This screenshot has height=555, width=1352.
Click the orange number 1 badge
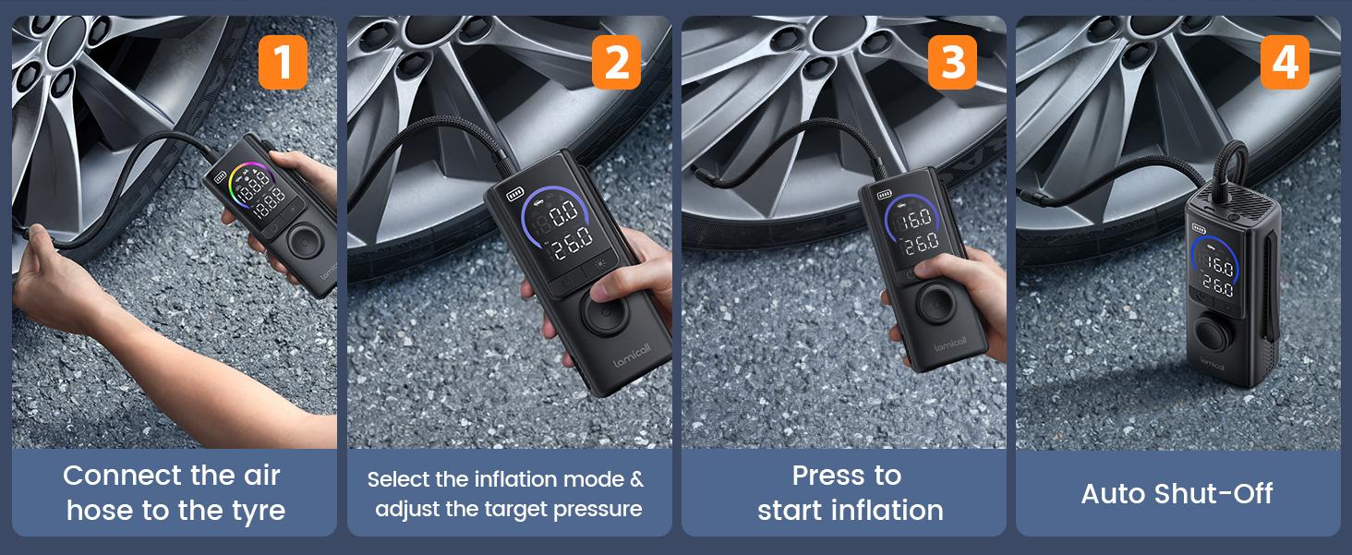point(283,62)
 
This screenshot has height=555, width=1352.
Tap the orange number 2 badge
point(617,62)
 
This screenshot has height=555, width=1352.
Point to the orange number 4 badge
point(1285,62)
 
